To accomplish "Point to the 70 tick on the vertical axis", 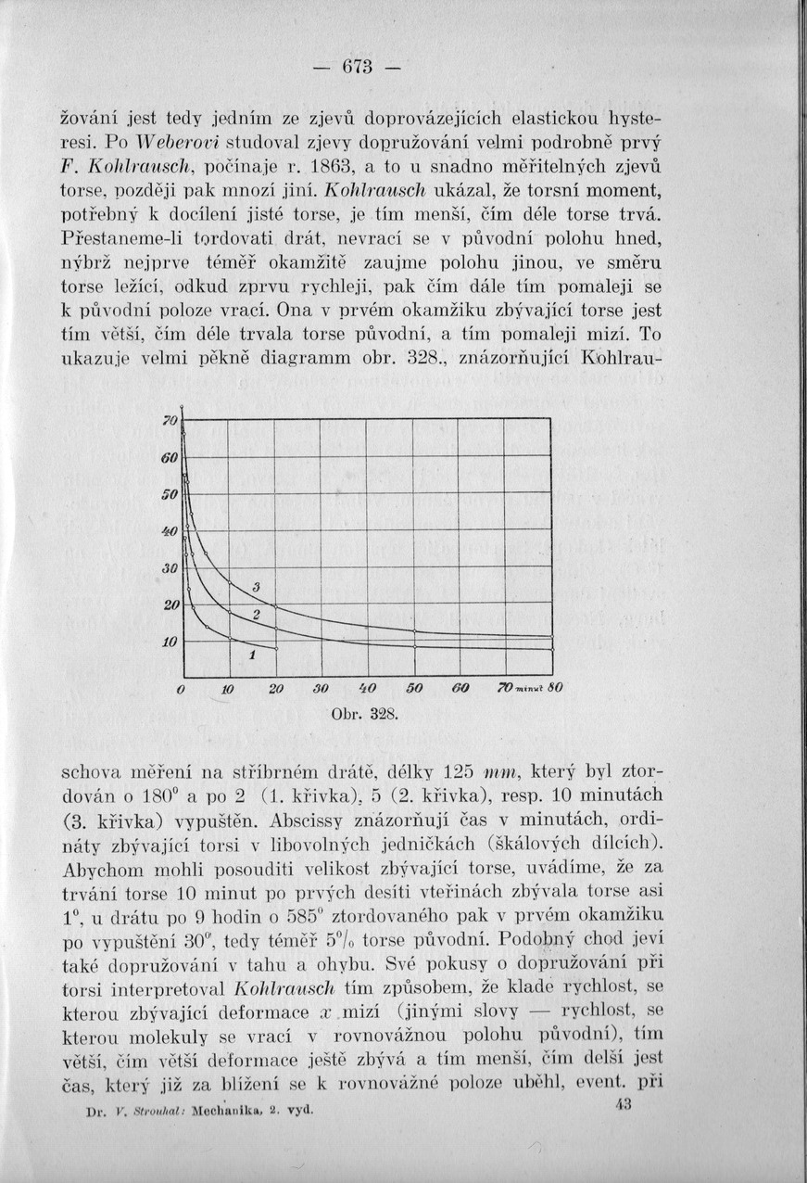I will [x=170, y=421].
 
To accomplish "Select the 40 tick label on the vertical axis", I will [x=170, y=531].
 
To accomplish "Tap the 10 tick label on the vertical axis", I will [x=170, y=642].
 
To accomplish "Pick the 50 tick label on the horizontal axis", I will [x=414, y=690].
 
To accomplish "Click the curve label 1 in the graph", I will [x=251, y=656].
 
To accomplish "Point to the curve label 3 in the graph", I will [x=256, y=587].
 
